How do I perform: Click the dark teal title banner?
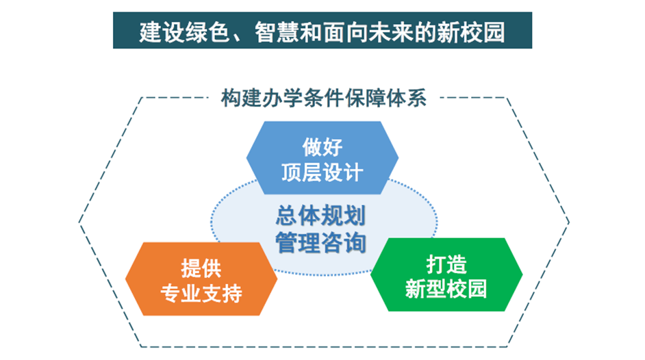tap(322, 30)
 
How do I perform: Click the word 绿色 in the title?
tap(207, 32)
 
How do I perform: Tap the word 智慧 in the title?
tap(277, 32)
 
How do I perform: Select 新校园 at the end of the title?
tap(470, 32)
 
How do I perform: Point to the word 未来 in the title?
tap(391, 32)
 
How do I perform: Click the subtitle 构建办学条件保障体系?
tap(323, 98)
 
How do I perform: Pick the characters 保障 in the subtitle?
tap(364, 98)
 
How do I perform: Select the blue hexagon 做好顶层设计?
tap(322, 158)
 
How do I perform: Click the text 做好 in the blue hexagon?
tap(322, 146)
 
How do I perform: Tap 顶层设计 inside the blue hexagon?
tap(322, 172)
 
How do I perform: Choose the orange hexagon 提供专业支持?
tap(201, 279)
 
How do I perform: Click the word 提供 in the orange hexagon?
tap(201, 268)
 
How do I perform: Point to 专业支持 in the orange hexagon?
tap(201, 293)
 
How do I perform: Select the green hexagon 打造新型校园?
tap(446, 274)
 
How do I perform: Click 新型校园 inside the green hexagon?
tap(446, 289)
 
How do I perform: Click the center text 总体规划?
tap(320, 216)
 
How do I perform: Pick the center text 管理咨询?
tap(320, 242)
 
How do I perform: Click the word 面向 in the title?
tap(344, 32)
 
